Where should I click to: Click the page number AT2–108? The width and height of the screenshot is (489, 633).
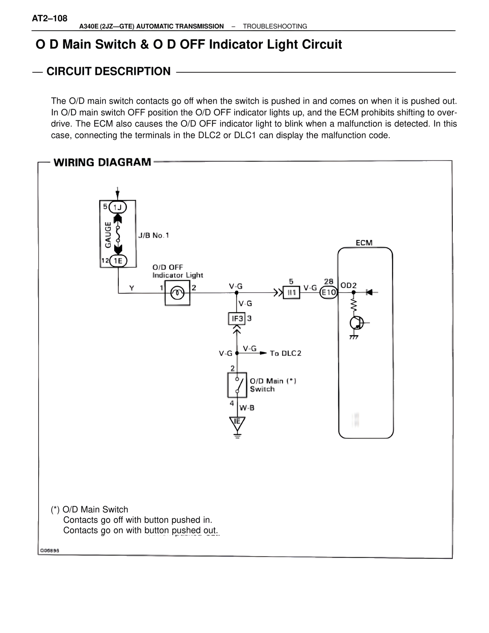(x=50, y=18)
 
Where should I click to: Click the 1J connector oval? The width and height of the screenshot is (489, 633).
(x=118, y=207)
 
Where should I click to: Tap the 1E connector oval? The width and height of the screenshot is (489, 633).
(x=118, y=261)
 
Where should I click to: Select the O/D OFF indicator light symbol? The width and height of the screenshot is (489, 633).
(x=177, y=293)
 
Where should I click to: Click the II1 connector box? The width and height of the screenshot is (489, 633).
(x=291, y=293)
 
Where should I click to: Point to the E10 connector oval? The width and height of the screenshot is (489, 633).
(x=329, y=293)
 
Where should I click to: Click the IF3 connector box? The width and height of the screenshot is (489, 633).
(x=237, y=318)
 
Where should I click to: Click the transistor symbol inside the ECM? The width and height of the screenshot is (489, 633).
(x=356, y=323)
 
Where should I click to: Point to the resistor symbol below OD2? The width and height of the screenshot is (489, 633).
(x=353, y=305)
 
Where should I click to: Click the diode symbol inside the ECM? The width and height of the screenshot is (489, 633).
(x=369, y=292)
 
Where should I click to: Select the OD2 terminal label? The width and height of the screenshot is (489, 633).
(x=348, y=286)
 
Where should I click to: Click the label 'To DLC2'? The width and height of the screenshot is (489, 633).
(x=285, y=353)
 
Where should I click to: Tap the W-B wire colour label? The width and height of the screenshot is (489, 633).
(x=247, y=408)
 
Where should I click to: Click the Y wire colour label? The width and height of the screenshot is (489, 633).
(x=132, y=288)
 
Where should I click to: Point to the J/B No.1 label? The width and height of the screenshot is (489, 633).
(x=154, y=235)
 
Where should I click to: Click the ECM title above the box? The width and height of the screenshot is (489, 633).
(x=364, y=243)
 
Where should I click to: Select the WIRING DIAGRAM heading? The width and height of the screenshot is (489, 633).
(x=102, y=162)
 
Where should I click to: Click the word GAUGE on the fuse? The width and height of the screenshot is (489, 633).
(x=108, y=234)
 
